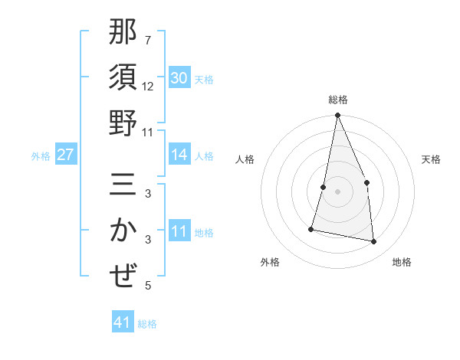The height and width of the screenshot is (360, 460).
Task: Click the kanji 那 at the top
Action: click(123, 32)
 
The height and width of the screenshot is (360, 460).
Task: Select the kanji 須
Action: click(123, 77)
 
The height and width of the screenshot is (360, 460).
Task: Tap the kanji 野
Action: click(123, 123)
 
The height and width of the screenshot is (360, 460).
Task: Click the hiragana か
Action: click(123, 231)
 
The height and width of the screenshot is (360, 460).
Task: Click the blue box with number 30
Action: click(179, 78)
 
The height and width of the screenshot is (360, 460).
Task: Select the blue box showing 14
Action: click(179, 155)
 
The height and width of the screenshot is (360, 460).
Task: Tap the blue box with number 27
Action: click(66, 155)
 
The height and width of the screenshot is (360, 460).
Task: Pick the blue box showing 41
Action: click(123, 322)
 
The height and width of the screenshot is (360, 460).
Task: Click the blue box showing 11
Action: click(179, 231)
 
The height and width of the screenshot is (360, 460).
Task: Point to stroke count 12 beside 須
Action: click(148, 87)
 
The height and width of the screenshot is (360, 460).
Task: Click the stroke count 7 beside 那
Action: click(148, 40)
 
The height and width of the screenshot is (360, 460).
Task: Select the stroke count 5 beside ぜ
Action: click(148, 286)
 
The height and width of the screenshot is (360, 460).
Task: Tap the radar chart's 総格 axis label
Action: click(337, 100)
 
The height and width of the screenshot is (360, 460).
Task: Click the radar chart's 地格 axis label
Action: click(402, 262)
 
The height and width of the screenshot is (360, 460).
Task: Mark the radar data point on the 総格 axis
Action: click(337, 116)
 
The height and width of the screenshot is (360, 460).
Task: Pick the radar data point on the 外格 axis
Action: click(311, 228)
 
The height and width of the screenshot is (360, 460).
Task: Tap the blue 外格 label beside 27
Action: click(41, 156)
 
